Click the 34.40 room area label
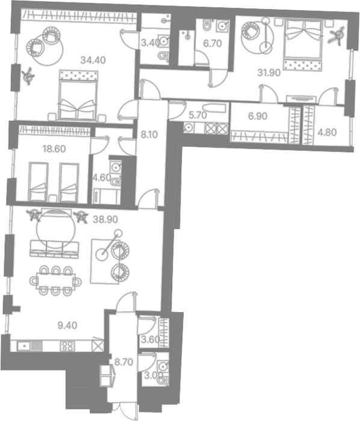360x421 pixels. (93, 60)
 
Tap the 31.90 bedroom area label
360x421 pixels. (269, 73)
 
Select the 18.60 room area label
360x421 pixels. (54, 149)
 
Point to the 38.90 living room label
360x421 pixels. (105, 220)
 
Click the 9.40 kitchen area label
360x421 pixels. (67, 325)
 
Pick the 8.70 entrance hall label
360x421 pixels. (123, 362)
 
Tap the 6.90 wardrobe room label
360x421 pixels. (258, 116)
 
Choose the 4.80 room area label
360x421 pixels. (327, 132)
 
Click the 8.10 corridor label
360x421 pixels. (149, 134)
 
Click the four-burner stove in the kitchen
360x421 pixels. (67, 346)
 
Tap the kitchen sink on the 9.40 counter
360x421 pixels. (24, 346)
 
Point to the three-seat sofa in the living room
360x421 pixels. (55, 250)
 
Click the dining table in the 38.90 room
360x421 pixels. (55, 281)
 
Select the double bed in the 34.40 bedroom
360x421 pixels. (78, 95)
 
